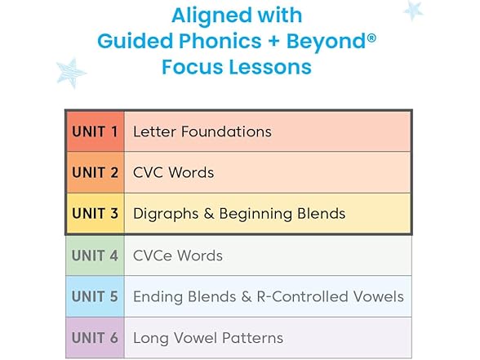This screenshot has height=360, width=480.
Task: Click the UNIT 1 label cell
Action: pyautogui.click(x=95, y=131)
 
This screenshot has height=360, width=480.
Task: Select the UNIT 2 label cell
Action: pyautogui.click(x=95, y=173)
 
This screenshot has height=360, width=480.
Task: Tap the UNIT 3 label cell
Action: pyautogui.click(x=95, y=214)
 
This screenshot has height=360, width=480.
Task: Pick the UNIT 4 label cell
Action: pyautogui.click(x=95, y=256)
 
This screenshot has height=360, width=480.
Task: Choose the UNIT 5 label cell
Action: pyautogui.click(x=95, y=296)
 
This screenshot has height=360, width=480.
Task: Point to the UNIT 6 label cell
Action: pyautogui.click(x=95, y=338)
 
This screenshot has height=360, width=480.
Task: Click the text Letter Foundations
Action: pyautogui.click(x=202, y=131)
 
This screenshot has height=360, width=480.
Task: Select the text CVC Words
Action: pyautogui.click(x=173, y=173)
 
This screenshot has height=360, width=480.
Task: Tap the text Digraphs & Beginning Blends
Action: pyautogui.click(x=239, y=214)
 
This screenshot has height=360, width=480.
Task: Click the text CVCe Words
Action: pyautogui.click(x=177, y=256)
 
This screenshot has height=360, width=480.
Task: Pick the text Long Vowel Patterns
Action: pyautogui.click(x=208, y=338)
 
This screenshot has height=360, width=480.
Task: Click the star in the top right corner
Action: pyautogui.click(x=414, y=10)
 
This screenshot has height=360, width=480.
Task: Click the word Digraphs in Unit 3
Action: pyautogui.click(x=163, y=214)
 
